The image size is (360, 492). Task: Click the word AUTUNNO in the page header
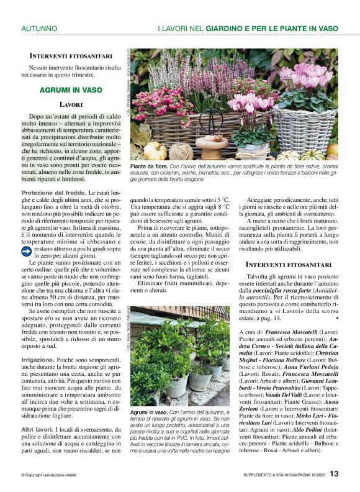(x=39, y=29)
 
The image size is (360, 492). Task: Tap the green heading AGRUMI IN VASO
(x=71, y=90)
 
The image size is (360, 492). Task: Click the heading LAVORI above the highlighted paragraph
(x=71, y=104)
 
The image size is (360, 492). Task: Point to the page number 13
(x=334, y=474)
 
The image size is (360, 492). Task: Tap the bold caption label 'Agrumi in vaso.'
(x=148, y=412)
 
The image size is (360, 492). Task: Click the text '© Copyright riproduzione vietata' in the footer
(x=56, y=475)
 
